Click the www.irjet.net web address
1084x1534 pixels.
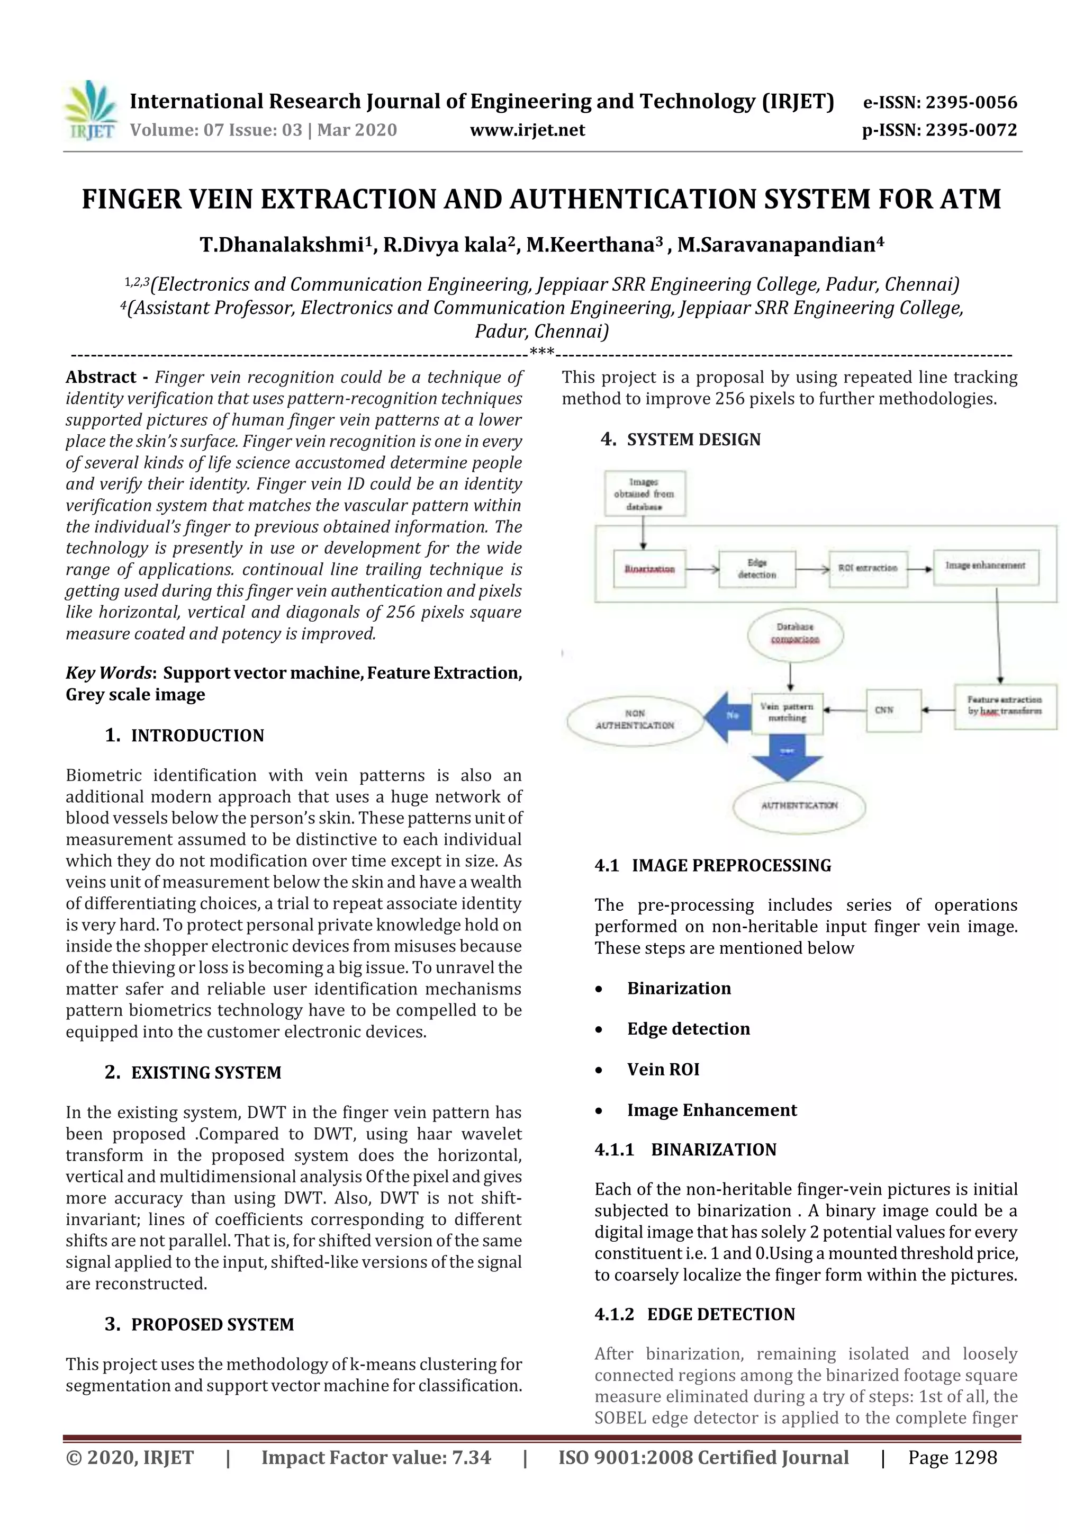click(x=527, y=130)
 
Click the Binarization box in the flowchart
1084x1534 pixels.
click(x=649, y=569)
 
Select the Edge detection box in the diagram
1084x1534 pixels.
click(x=757, y=569)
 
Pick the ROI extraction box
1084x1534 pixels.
click(x=868, y=569)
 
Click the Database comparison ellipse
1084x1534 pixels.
click(x=795, y=633)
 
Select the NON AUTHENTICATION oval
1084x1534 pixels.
click(x=635, y=720)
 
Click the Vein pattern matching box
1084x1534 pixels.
click(x=787, y=712)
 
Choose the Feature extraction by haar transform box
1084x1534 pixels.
click(x=1005, y=706)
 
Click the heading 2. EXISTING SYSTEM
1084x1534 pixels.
click(x=193, y=1073)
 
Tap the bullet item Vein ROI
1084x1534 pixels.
click(x=663, y=1070)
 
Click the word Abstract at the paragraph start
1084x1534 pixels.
click(x=101, y=378)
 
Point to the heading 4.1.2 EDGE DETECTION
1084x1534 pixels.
click(x=694, y=1314)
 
